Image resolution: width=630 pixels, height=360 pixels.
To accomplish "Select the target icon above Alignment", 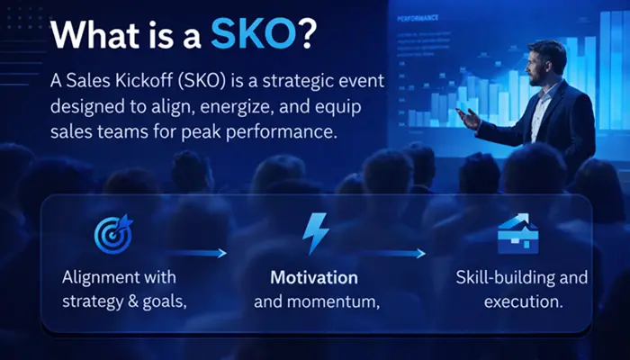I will (113, 232).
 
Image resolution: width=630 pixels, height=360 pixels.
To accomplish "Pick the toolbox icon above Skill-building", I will (512, 232).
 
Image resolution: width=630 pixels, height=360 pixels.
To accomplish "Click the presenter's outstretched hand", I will (466, 116).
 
